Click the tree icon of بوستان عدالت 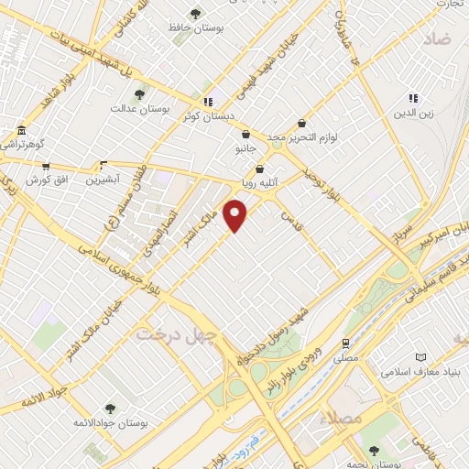139,94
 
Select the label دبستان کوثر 205,116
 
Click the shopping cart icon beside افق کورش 46,168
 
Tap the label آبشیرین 103,180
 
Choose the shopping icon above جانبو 245,134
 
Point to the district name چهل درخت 174,335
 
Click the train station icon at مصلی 345,344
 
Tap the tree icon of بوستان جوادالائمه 110,409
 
